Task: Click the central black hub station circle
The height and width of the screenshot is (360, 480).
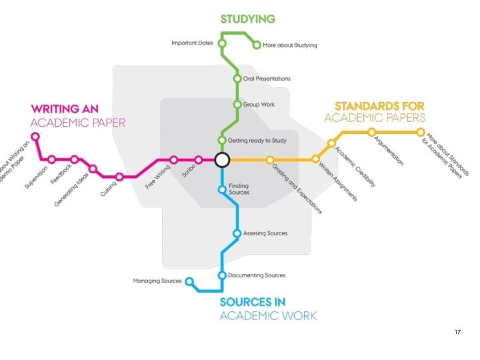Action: pos(222,160)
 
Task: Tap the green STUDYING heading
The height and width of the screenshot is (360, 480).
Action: pos(247,19)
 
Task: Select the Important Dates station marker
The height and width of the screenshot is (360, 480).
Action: pos(223,44)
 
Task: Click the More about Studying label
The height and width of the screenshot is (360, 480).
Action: pos(290,45)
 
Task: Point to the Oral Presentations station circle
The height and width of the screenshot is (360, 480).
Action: pos(237,78)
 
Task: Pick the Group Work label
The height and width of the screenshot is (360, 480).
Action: pos(259,105)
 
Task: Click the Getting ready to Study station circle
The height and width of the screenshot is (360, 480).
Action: pos(223,141)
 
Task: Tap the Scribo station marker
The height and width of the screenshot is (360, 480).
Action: pos(199,160)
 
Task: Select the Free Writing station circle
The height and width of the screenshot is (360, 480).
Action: pos(174,160)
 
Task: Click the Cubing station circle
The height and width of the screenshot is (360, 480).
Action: pos(119,177)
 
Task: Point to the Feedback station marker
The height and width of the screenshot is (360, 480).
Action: pos(75,159)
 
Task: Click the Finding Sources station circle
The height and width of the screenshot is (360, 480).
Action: pos(223,189)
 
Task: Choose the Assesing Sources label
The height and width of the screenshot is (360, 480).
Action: pos(265,233)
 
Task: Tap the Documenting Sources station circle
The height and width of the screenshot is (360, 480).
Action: pos(223,275)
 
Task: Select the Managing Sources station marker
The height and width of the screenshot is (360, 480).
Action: pos(189,281)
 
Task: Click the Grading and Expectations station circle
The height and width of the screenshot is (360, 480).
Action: pos(270,160)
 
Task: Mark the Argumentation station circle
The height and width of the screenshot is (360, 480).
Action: pos(372,132)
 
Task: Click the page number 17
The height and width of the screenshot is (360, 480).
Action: pos(457,332)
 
